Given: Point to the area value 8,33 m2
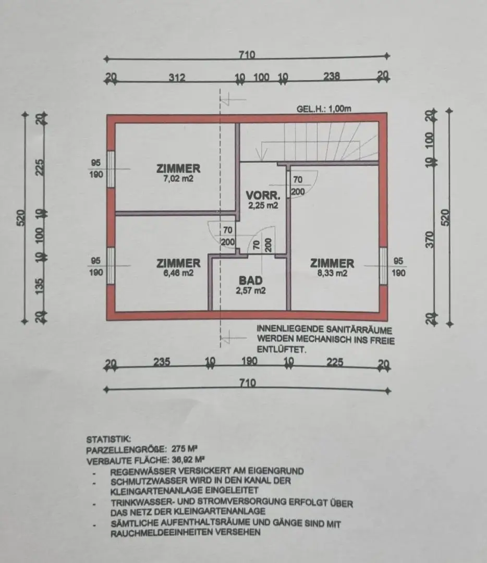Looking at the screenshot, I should (332, 273).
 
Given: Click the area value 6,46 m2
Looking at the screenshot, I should (178, 273).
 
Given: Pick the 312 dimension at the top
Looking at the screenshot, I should (177, 78).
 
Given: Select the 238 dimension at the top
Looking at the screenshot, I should (331, 77).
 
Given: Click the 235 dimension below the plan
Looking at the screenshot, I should (162, 362).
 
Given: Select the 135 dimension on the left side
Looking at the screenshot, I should (40, 287).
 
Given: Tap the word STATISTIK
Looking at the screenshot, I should (105, 439).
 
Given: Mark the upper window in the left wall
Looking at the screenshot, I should (111, 169).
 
